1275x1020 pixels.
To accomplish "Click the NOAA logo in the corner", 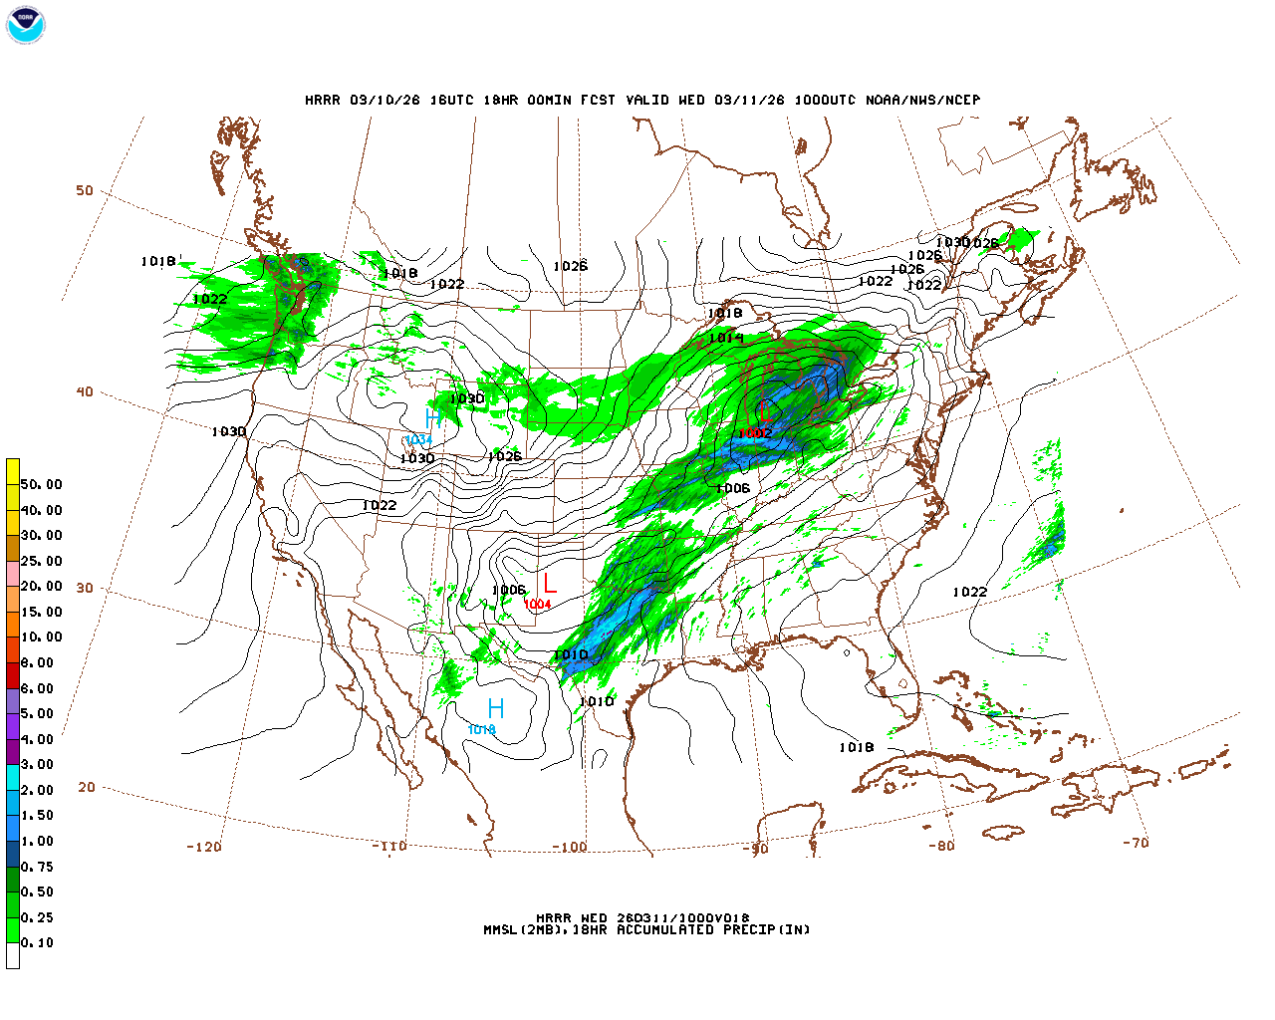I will [25, 25].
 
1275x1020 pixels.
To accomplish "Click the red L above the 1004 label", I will [549, 584].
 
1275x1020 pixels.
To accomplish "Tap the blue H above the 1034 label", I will [433, 418].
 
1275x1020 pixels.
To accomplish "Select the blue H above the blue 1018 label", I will [495, 709].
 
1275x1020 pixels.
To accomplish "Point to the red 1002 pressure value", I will [754, 433].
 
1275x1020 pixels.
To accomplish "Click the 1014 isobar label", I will [726, 339].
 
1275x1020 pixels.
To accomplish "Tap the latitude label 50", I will [85, 190].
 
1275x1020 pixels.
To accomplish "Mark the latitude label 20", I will [87, 787].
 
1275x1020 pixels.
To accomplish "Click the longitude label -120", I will [203, 847].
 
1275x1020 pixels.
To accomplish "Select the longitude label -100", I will [569, 847].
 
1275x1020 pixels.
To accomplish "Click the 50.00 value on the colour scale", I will [41, 485].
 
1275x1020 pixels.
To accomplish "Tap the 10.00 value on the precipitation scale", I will [41, 637].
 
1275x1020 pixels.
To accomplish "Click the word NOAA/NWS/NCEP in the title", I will [922, 100].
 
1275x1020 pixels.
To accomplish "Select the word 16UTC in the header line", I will [451, 100].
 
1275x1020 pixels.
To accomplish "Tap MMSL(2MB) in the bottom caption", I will [527, 929].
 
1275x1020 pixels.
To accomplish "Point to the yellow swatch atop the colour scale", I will [13, 471].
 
